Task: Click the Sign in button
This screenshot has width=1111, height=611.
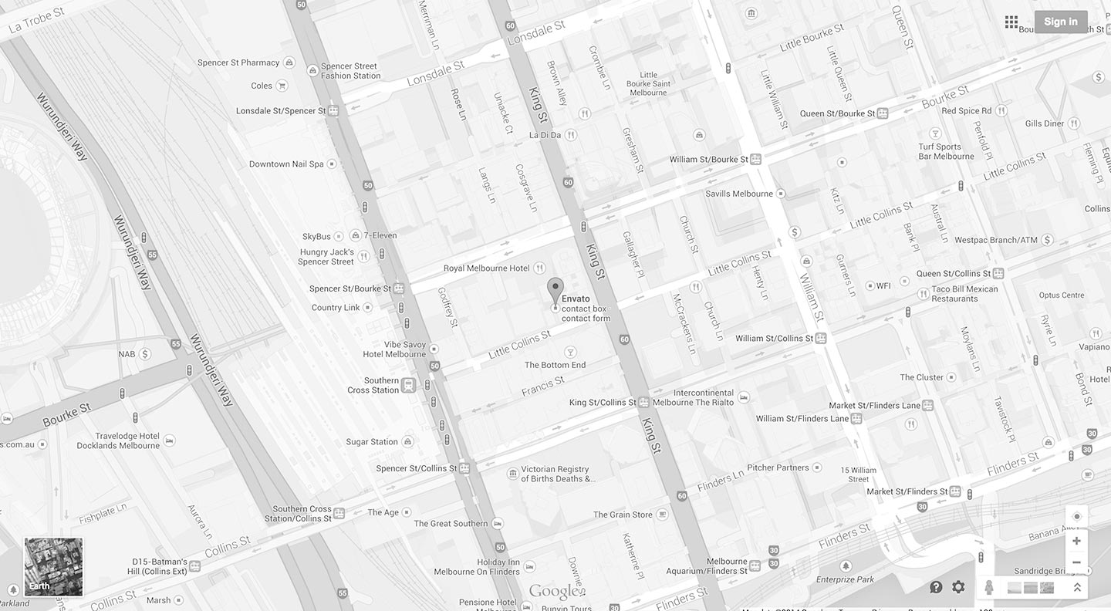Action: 1061,22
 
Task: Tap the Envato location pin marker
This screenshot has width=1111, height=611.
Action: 555,291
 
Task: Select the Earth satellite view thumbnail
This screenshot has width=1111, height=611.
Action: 53,567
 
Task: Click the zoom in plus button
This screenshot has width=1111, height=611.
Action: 1076,541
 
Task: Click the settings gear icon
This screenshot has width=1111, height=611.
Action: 958,587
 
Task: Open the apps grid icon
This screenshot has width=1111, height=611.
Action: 1011,22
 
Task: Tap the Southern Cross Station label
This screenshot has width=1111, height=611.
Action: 373,385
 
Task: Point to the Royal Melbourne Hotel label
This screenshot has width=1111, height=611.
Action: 486,268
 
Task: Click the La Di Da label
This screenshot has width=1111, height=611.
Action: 545,135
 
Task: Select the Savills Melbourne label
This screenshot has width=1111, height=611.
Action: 738,194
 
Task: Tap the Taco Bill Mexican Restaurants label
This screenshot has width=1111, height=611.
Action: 964,294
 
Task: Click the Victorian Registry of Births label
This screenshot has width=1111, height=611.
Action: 555,474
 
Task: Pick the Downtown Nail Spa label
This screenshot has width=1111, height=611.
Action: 286,164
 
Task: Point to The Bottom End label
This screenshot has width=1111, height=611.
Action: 555,365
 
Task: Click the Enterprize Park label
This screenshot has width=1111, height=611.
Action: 845,579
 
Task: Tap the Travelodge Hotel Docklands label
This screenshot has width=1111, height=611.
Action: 118,441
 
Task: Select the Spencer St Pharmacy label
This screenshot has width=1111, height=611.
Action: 238,63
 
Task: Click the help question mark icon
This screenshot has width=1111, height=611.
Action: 936,587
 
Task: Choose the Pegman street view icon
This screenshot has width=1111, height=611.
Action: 989,588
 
